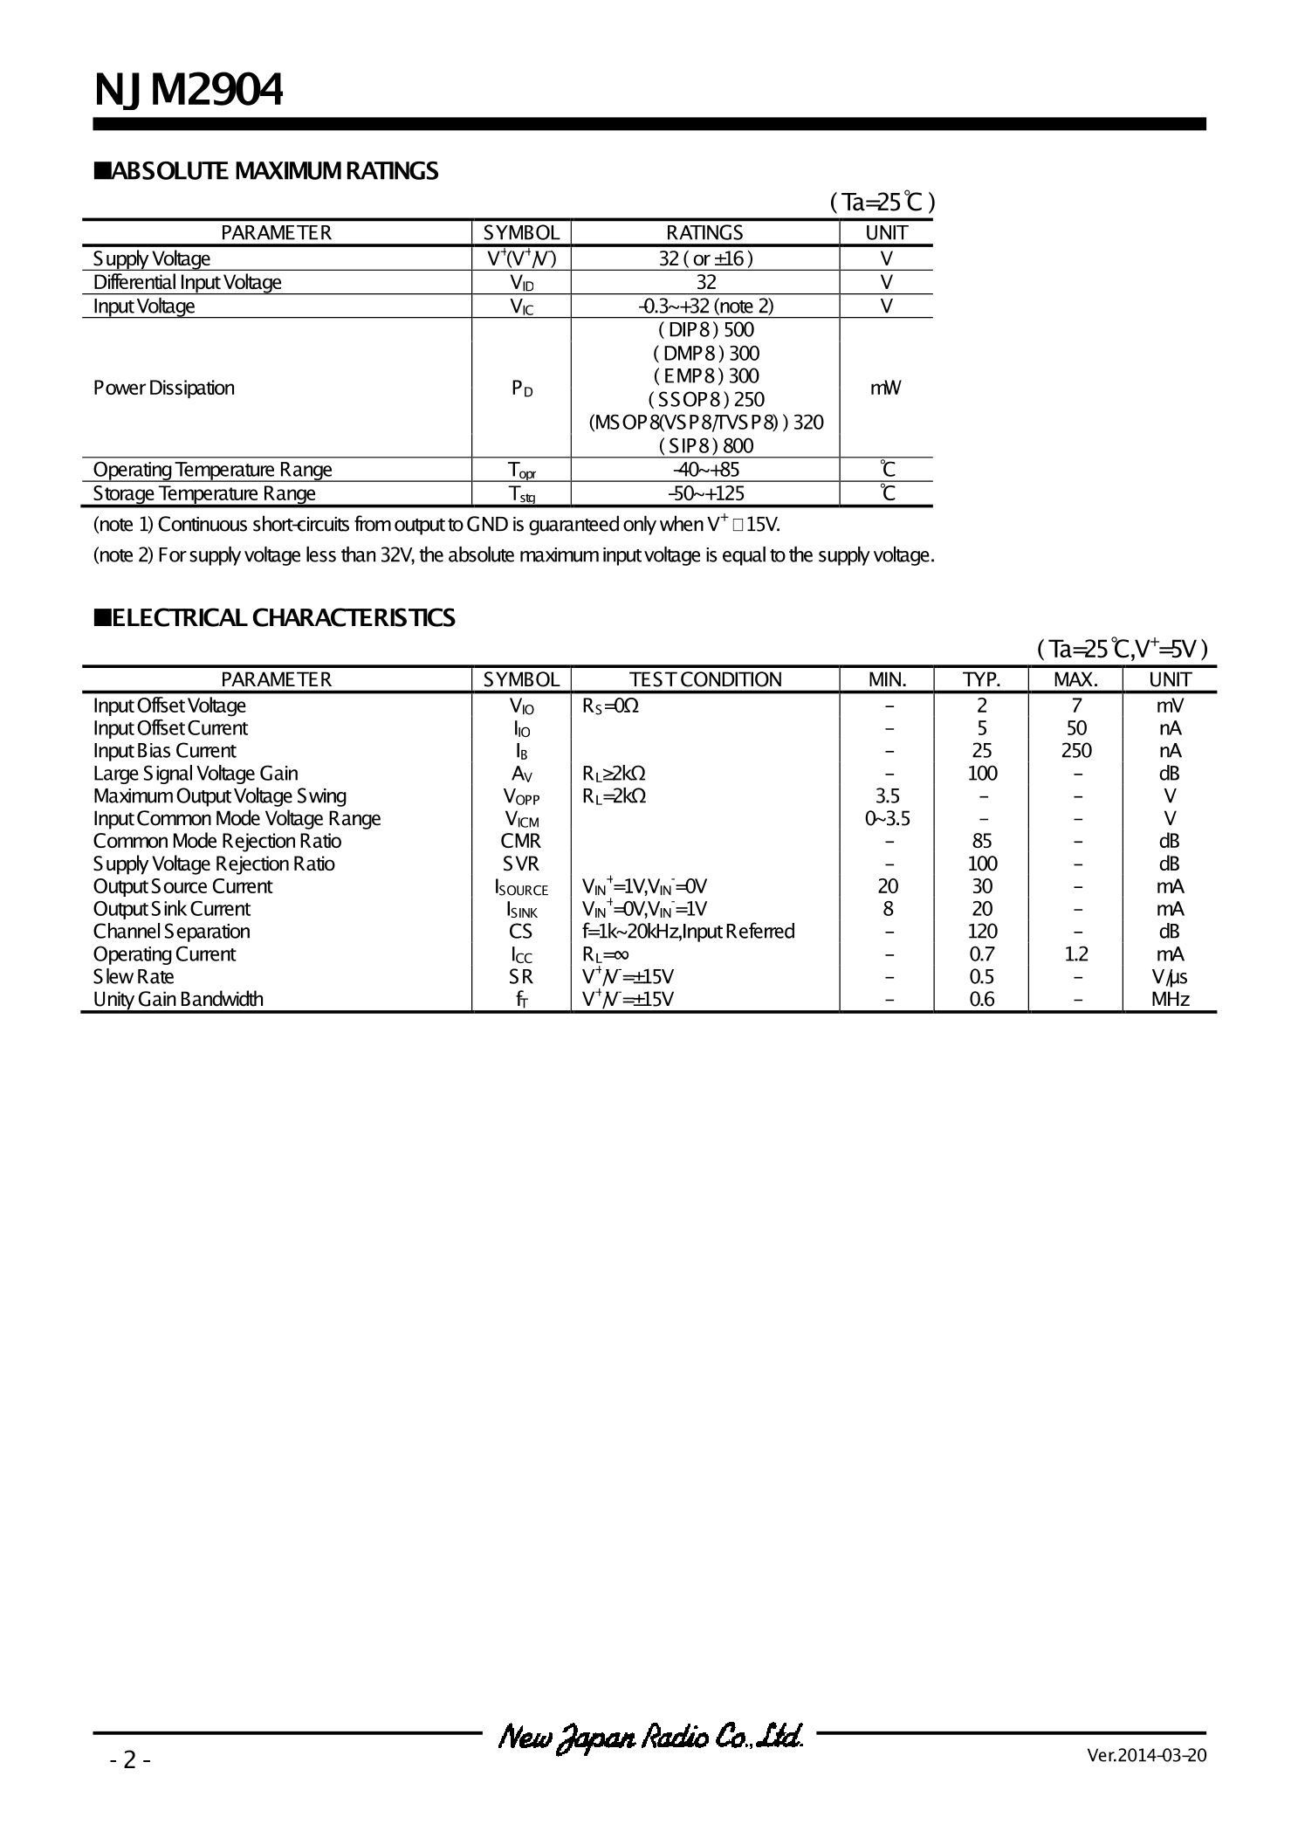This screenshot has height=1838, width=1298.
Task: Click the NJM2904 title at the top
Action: click(189, 90)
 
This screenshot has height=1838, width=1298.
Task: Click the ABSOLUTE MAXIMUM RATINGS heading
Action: click(266, 171)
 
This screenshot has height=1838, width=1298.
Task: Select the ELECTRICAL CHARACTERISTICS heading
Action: click(274, 618)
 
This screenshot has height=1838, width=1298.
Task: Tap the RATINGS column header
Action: click(704, 233)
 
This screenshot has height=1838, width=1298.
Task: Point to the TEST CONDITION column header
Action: click(705, 680)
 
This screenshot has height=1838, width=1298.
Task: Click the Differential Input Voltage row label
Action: click(187, 283)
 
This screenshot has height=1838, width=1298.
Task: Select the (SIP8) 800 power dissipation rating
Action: click(705, 446)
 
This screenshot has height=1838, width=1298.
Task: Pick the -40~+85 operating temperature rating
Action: click(705, 470)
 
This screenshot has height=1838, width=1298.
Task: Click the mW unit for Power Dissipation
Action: click(885, 388)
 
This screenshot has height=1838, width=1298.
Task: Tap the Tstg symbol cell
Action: click(521, 494)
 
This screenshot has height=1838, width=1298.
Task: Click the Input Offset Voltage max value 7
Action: click(1076, 706)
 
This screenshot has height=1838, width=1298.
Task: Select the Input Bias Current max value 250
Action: click(1076, 751)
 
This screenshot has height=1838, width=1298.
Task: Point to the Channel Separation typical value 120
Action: click(982, 932)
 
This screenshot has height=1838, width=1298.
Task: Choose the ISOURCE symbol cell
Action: click(521, 887)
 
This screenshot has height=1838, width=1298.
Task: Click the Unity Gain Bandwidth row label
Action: click(178, 1000)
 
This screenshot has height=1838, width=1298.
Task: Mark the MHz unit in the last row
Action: click(1170, 1000)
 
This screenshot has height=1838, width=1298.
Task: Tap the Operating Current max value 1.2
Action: click(1076, 954)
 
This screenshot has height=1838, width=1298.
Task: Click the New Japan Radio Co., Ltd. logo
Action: click(650, 1738)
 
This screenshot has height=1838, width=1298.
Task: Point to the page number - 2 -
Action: click(130, 1760)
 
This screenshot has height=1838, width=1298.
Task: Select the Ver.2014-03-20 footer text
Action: click(1146, 1755)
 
